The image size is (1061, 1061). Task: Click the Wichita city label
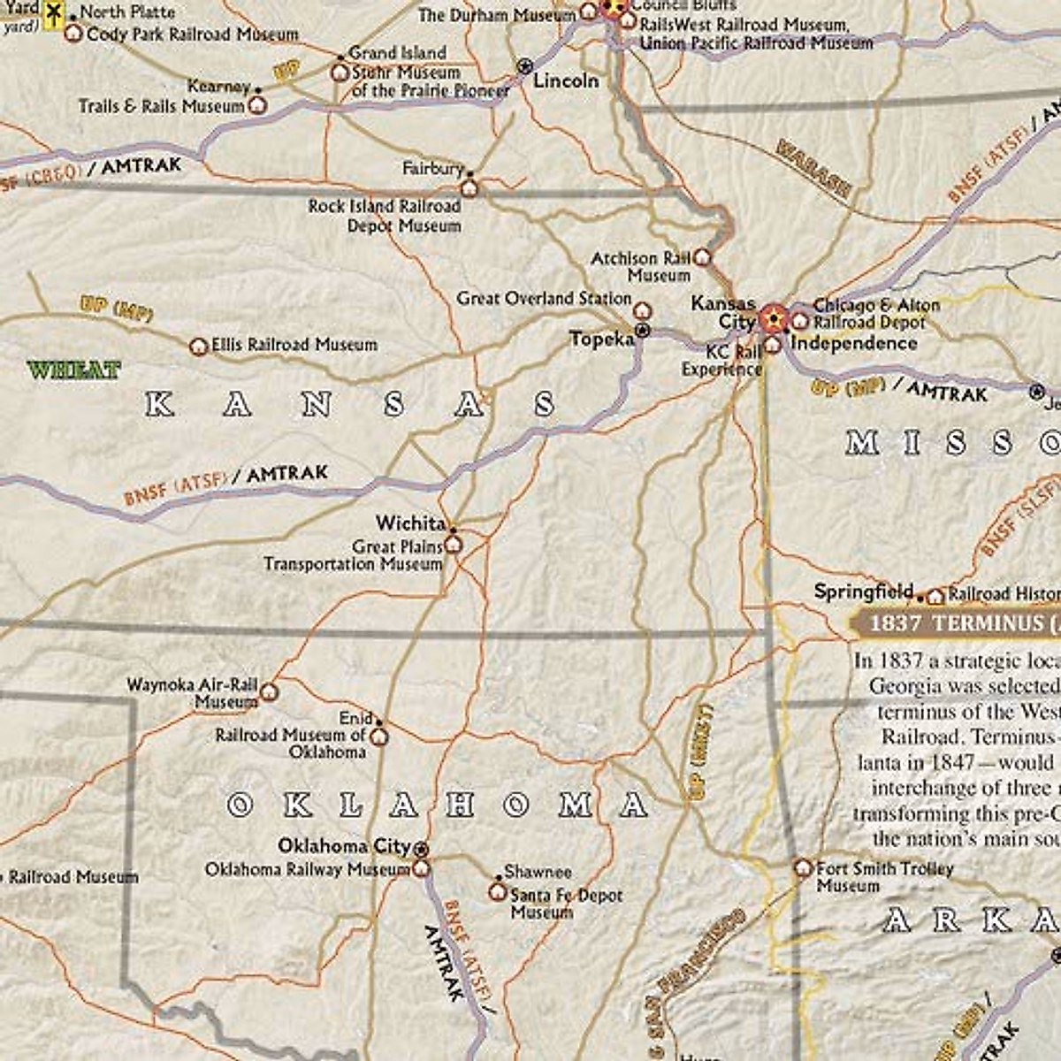point(410,523)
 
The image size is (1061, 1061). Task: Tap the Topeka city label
point(601,340)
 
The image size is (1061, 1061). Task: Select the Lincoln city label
point(566,80)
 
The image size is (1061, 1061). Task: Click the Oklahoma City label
point(345,846)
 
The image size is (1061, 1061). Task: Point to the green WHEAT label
point(73,370)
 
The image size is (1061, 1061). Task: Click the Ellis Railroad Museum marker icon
point(199,347)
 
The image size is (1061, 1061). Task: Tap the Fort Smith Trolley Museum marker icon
point(803,867)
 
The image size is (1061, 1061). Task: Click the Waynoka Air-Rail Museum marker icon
point(269,691)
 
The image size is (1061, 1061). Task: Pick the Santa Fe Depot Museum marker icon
point(498,891)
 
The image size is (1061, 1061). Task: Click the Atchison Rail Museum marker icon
point(702,257)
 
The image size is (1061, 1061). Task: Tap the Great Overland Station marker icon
point(643,311)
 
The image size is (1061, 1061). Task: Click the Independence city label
point(853,343)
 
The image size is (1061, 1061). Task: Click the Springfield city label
point(864,592)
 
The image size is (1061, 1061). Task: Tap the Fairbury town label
point(432,168)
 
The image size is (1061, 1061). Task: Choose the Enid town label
point(355,719)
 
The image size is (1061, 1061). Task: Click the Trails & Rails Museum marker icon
point(258,105)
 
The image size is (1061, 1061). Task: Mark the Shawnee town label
point(538,872)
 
